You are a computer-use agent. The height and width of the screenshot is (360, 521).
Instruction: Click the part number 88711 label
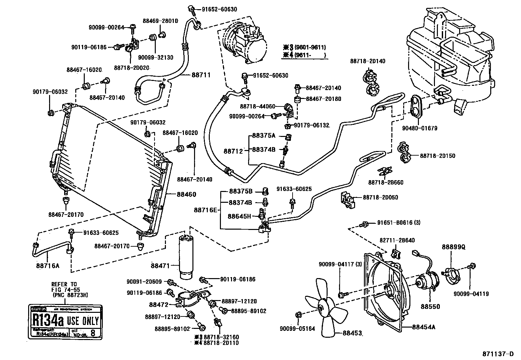201,75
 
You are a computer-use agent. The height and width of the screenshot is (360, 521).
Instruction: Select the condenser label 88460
186,194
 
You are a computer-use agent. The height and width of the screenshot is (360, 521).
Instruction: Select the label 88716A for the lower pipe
48,266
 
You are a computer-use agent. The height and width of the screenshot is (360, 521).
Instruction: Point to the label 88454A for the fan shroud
424,327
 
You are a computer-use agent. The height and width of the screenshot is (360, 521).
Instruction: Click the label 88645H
239,216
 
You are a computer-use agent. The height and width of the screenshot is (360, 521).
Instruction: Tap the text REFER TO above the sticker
63,284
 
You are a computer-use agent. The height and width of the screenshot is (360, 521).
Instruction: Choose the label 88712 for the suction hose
233,151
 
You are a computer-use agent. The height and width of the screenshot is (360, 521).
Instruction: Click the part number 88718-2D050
380,198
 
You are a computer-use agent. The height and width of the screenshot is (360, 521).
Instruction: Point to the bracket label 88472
159,305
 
